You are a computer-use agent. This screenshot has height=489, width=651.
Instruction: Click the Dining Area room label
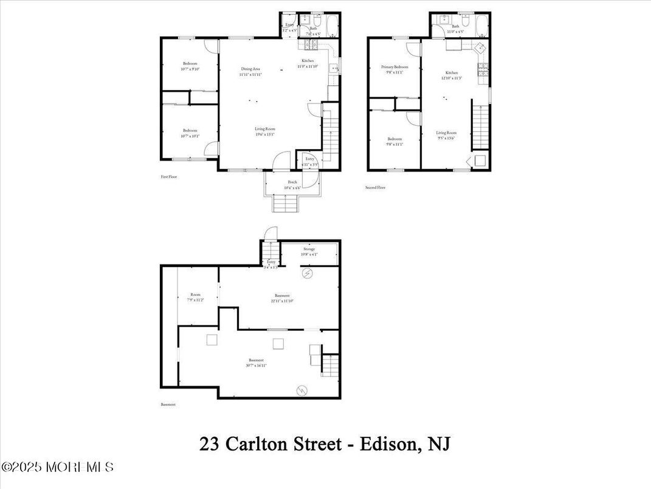(250, 69)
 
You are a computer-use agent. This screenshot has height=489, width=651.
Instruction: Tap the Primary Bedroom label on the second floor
(394, 67)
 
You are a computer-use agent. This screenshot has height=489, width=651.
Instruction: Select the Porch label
(292, 182)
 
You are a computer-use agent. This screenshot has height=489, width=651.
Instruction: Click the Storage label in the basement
(309, 249)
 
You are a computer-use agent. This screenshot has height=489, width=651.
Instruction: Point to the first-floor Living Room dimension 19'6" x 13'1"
(265, 134)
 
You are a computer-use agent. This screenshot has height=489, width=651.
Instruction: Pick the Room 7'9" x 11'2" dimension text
(195, 300)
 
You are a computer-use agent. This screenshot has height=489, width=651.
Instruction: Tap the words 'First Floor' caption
(168, 177)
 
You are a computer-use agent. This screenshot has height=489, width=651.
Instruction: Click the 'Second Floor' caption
(375, 187)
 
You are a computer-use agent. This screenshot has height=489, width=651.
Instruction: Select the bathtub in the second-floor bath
(481, 27)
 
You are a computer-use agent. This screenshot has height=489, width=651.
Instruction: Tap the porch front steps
(284, 203)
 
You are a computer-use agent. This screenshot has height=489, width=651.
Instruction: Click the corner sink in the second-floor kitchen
(480, 48)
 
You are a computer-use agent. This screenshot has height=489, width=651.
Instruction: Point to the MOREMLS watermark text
(58, 467)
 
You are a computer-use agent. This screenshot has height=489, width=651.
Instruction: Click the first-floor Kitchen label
(308, 61)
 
